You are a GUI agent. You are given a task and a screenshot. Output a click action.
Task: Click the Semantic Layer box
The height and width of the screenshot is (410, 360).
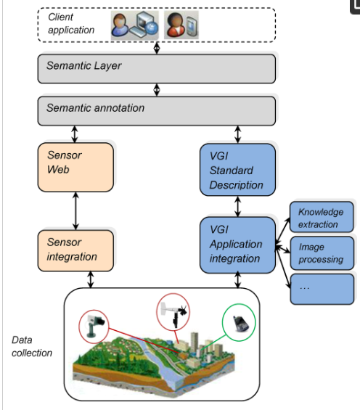pos(157,69)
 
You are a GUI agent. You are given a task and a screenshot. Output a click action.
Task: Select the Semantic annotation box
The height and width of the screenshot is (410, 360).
pos(157,111)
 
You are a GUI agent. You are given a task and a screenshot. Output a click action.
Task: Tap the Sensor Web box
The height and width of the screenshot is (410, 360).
pos(75,167)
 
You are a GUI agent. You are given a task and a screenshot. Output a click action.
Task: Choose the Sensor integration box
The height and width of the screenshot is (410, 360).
pos(75,250)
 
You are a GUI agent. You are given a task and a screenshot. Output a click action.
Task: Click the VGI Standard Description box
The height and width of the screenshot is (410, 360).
pos(237,169)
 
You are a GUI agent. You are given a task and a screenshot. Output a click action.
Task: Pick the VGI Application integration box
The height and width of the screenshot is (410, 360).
pos(237,245)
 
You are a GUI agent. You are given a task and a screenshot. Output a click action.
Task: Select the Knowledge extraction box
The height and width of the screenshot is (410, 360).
pos(322,217)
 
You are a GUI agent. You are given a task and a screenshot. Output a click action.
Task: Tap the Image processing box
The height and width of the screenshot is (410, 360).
pos(322,253)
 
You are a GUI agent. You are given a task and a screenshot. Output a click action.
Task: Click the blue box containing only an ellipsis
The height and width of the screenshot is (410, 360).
pos(322,290)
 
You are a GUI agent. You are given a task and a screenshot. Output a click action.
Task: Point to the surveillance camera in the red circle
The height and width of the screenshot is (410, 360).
pos(95,326)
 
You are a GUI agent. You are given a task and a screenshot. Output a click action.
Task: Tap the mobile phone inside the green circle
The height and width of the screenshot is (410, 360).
pos(240,323)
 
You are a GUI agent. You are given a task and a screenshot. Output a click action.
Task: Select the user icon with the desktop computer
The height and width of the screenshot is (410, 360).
pos(135,25)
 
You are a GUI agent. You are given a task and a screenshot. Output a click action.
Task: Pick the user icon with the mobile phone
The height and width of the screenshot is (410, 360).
pos(181,25)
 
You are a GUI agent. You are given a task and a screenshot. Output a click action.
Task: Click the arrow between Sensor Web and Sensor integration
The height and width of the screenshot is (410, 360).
pos(75,210)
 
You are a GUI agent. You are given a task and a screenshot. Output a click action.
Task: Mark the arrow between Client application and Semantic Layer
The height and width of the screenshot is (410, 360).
pos(157,48)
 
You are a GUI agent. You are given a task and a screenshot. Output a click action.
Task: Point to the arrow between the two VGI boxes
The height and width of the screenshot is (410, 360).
pos(237,206)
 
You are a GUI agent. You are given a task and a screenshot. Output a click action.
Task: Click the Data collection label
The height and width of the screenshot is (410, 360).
pos(32,346)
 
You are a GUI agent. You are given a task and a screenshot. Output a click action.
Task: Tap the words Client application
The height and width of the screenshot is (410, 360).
pos(71,23)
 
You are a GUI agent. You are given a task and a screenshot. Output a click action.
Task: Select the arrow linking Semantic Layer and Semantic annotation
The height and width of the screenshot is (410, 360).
pos(157,90)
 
